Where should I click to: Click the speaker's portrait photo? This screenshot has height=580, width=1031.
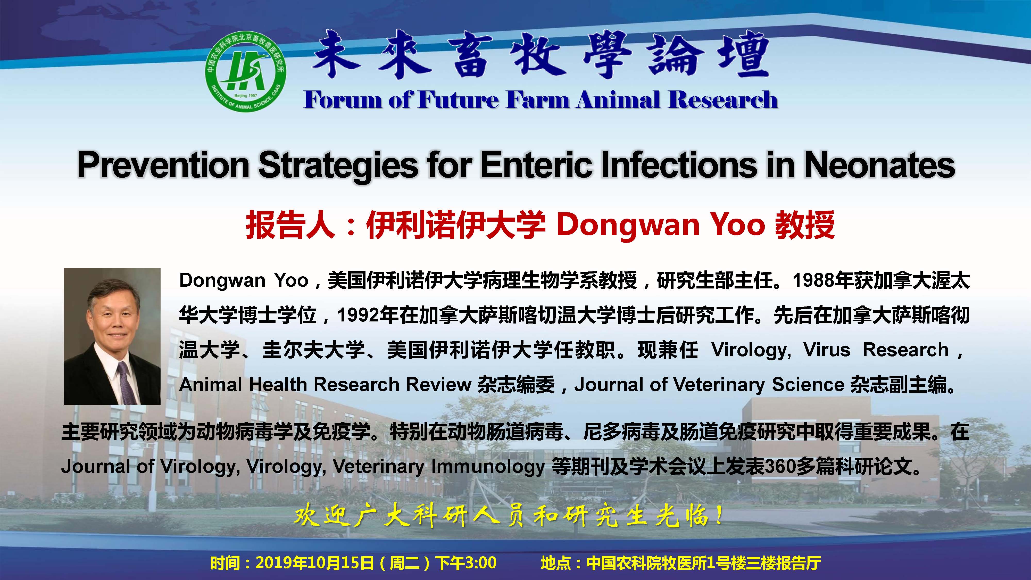[112, 336]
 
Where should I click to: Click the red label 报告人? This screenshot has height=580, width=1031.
[290, 225]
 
